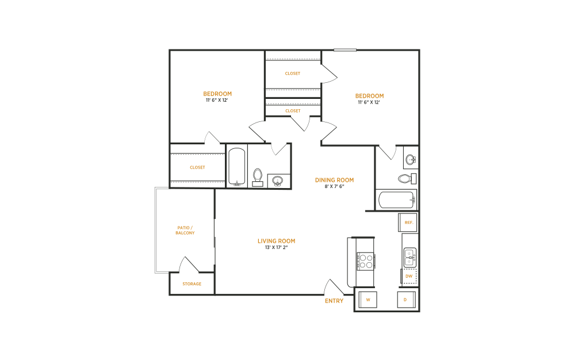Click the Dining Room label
334,180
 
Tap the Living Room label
276,241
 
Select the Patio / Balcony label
185,230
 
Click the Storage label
192,284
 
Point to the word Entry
334,301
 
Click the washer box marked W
368,300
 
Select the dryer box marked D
405,300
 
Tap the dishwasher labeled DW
409,276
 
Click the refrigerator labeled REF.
409,222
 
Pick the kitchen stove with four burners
365,262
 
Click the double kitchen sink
410,257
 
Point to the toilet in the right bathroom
407,178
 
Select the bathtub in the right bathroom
396,200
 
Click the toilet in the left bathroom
258,177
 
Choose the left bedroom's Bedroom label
217,94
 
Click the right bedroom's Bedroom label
369,96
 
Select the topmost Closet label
293,74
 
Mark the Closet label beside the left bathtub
197,167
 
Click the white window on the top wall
345,50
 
